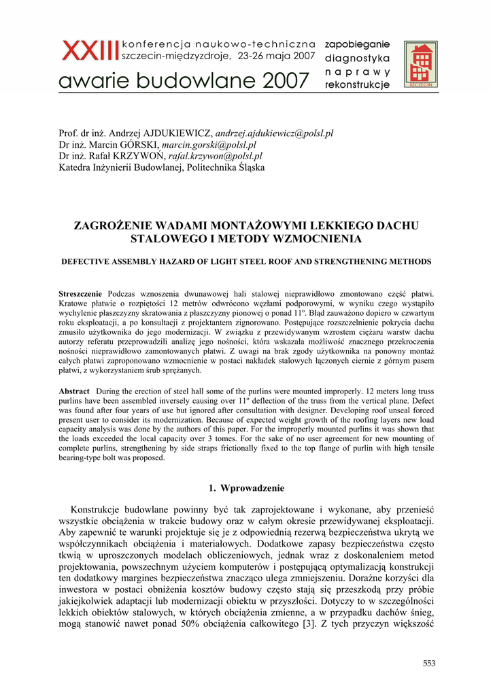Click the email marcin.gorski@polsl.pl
coord(209,145)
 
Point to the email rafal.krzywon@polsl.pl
coord(215,156)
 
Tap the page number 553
coord(428,664)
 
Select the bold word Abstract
coord(74,391)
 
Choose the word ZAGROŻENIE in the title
coord(111,226)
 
